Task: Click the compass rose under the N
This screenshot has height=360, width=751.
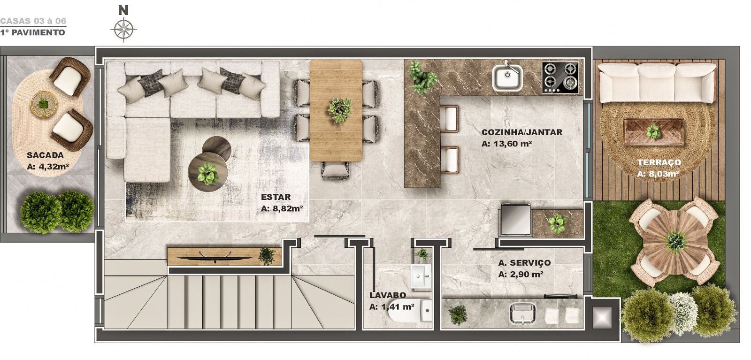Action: [x=123, y=29]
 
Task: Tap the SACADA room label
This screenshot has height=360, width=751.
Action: [x=45, y=155]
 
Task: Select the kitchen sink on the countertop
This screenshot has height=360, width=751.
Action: [x=507, y=77]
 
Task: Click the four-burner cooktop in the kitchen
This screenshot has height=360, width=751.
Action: [x=560, y=77]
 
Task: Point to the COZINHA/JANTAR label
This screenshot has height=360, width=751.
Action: [x=521, y=132]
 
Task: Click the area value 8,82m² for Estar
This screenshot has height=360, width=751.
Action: [x=282, y=208]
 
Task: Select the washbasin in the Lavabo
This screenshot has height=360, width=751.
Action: [x=421, y=276]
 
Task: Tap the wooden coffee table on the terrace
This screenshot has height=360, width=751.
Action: [x=653, y=132]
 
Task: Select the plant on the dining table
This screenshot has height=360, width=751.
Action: [x=340, y=110]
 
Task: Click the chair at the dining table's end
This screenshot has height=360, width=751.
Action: [x=336, y=170]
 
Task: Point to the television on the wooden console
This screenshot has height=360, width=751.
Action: [x=215, y=257]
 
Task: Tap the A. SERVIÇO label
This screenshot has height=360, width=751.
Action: [x=524, y=263]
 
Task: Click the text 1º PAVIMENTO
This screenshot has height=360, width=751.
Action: [x=32, y=32]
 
